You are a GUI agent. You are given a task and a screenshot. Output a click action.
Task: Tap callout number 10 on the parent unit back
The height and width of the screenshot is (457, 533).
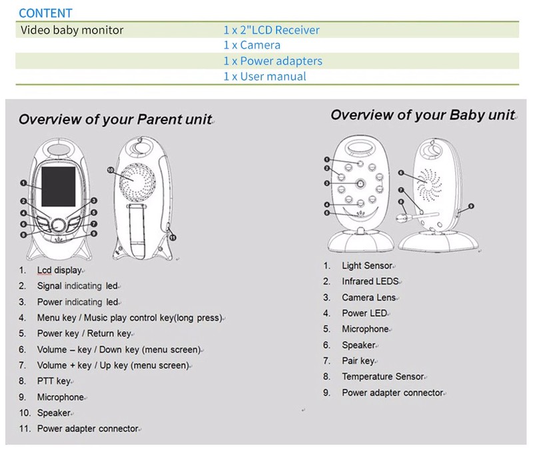click(x=111, y=171)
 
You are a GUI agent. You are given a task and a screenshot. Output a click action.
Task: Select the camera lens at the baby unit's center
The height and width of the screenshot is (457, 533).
click(x=360, y=183)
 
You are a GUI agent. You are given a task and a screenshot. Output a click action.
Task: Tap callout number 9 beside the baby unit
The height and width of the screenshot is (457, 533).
click(x=471, y=206)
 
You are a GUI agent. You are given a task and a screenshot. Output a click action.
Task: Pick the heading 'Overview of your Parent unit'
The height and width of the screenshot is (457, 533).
click(x=115, y=120)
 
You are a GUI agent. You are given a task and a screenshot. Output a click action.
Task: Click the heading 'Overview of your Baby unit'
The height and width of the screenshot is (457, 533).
click(x=422, y=115)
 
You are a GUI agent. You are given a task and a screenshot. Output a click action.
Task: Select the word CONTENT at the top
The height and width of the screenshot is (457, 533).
click(x=45, y=13)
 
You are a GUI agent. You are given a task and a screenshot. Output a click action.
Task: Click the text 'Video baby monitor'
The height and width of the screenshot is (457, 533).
click(x=72, y=30)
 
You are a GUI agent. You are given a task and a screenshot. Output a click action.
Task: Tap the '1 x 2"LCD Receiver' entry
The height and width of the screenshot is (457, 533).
click(x=271, y=30)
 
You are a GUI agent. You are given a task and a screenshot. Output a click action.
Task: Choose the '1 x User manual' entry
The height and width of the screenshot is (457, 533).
click(x=265, y=77)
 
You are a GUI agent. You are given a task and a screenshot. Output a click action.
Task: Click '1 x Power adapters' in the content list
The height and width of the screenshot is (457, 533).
click(x=272, y=61)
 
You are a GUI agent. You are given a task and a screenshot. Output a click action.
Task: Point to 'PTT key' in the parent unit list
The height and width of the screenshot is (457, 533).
click(x=53, y=381)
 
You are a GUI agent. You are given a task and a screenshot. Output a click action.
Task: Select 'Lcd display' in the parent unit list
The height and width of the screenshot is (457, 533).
click(x=59, y=270)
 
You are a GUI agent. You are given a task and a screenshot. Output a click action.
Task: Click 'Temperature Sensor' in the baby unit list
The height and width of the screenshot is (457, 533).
click(x=382, y=377)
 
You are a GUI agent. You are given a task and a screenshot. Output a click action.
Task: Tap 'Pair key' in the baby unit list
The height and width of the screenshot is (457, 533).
click(x=358, y=361)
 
